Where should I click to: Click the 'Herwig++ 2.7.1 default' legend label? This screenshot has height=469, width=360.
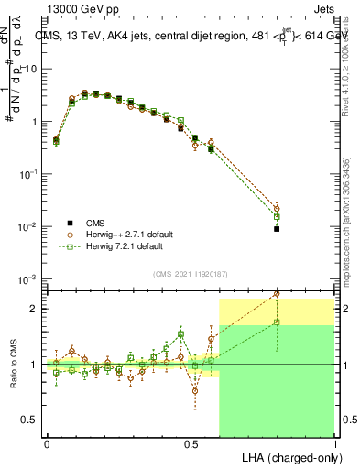coord(125,234)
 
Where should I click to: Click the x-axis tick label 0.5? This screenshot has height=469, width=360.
coord(191,443)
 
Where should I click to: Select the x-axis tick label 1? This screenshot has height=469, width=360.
coord(334,443)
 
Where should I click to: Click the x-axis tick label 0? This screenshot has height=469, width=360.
coord(47,443)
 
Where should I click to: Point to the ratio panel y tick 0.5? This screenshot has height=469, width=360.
coord(29,420)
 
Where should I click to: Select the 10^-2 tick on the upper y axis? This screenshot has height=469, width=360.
coord(27,226)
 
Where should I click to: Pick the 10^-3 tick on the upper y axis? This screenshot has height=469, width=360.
coord(27,278)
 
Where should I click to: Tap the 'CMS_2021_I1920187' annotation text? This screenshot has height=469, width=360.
coord(190,273)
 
